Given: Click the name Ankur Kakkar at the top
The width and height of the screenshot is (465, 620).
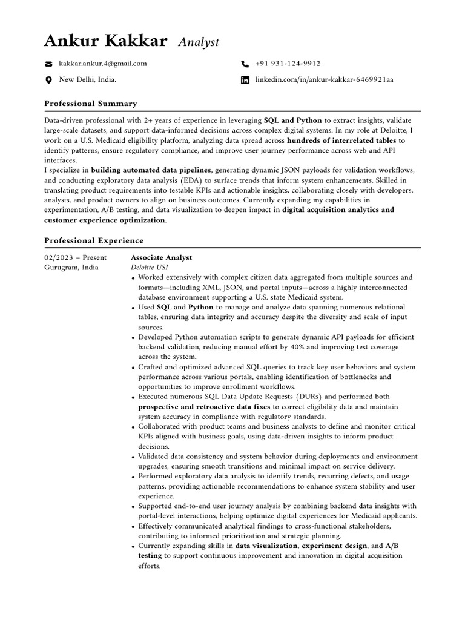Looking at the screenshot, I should click(105, 41).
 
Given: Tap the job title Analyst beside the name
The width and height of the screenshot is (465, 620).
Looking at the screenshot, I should click(199, 42).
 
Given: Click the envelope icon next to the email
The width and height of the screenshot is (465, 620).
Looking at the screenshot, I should click(48, 64).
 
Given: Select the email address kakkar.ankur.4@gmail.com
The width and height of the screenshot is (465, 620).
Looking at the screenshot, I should click(102, 63).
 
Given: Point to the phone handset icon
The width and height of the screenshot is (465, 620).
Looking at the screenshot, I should click(245, 64).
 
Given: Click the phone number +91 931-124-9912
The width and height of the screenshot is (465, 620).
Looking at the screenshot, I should click(288, 63).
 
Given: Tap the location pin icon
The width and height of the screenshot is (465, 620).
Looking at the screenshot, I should click(48, 80).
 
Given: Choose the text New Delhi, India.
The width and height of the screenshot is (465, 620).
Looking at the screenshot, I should click(87, 79).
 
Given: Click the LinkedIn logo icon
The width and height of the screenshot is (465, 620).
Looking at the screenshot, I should click(245, 80).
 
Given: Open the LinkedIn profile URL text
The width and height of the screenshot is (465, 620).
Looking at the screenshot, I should click(324, 79).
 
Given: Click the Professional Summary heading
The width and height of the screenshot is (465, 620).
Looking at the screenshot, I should click(91, 104).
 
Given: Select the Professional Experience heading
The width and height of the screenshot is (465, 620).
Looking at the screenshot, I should click(94, 240).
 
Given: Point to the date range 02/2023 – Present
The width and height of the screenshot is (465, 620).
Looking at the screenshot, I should click(76, 257).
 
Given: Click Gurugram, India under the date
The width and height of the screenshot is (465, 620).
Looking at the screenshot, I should click(71, 267).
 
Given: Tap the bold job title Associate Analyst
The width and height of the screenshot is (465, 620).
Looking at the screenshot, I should click(161, 257).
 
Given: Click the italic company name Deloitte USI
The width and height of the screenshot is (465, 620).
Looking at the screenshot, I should click(149, 267).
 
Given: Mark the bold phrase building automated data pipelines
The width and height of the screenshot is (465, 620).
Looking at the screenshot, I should click(151, 170).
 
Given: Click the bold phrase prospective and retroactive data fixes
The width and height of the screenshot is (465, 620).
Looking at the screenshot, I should click(204, 406).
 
